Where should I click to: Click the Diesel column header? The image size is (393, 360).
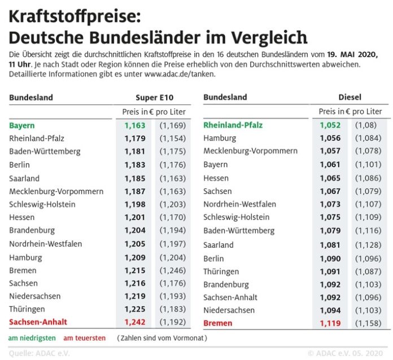pos(350,97)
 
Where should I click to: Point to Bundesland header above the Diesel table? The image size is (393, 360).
pos(225,97)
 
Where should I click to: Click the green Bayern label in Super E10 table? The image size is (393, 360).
pos(22,125)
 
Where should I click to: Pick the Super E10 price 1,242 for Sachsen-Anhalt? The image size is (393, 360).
pos(134,322)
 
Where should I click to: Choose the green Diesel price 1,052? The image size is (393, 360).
pos(330,125)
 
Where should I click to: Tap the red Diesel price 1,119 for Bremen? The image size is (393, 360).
pos(330,323)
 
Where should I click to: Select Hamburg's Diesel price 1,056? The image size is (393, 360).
pos(330,138)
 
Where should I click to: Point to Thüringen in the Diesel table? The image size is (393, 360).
pos(221,271)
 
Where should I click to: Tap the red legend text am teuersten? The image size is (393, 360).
pos(84,338)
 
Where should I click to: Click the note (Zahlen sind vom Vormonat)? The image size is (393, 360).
pos(162,338)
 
